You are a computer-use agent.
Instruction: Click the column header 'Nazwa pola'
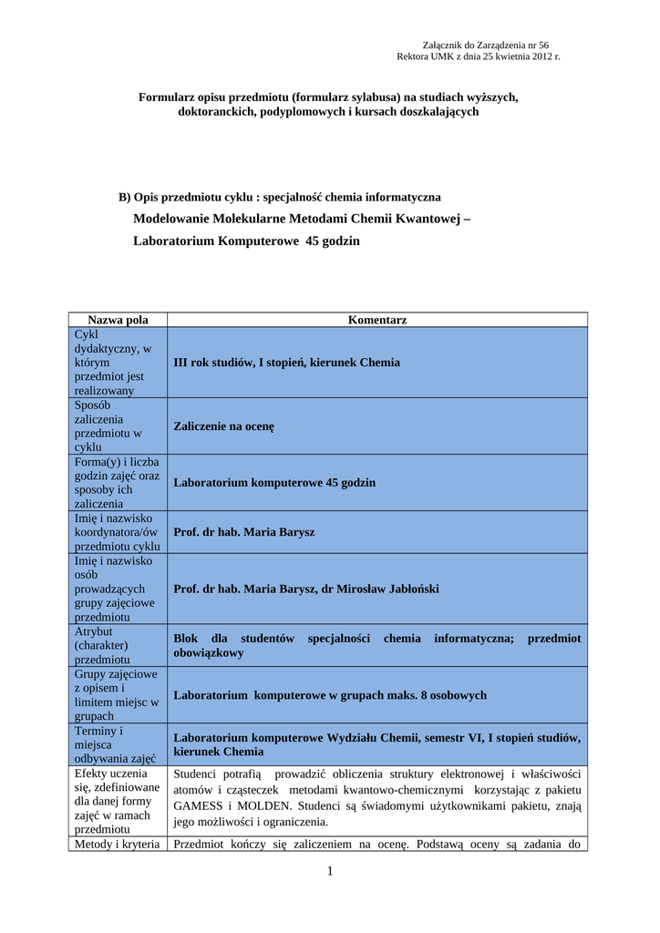click(118, 320)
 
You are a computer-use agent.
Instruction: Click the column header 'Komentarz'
click(377, 320)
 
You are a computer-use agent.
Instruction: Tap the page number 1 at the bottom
click(330, 872)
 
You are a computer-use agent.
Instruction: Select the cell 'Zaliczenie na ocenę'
click(223, 426)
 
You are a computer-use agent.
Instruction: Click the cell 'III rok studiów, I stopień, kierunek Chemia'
click(286, 363)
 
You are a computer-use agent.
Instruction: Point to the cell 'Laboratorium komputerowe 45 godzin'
click(274, 483)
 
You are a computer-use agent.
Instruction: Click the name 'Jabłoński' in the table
click(410, 590)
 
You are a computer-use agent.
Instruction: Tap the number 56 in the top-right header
click(542, 45)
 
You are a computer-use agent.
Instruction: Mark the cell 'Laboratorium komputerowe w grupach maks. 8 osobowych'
click(330, 695)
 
